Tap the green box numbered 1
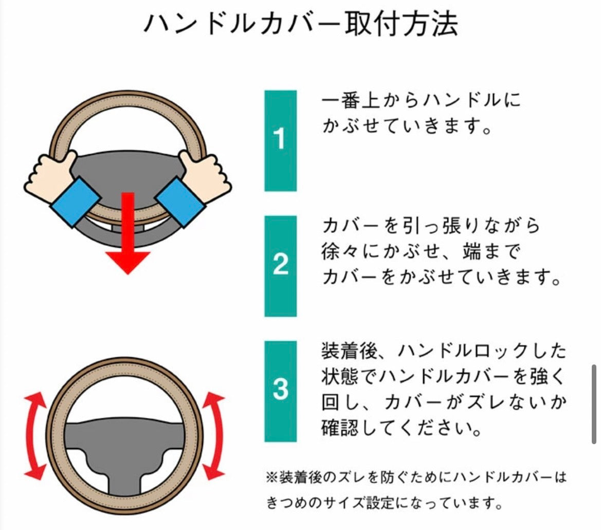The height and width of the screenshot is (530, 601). coord(280,140)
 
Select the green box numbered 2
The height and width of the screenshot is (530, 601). coord(280,266)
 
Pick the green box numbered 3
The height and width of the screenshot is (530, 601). coord(280,391)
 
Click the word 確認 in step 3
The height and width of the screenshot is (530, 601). coord(340,428)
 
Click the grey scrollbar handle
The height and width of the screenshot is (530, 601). coord(594,404)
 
